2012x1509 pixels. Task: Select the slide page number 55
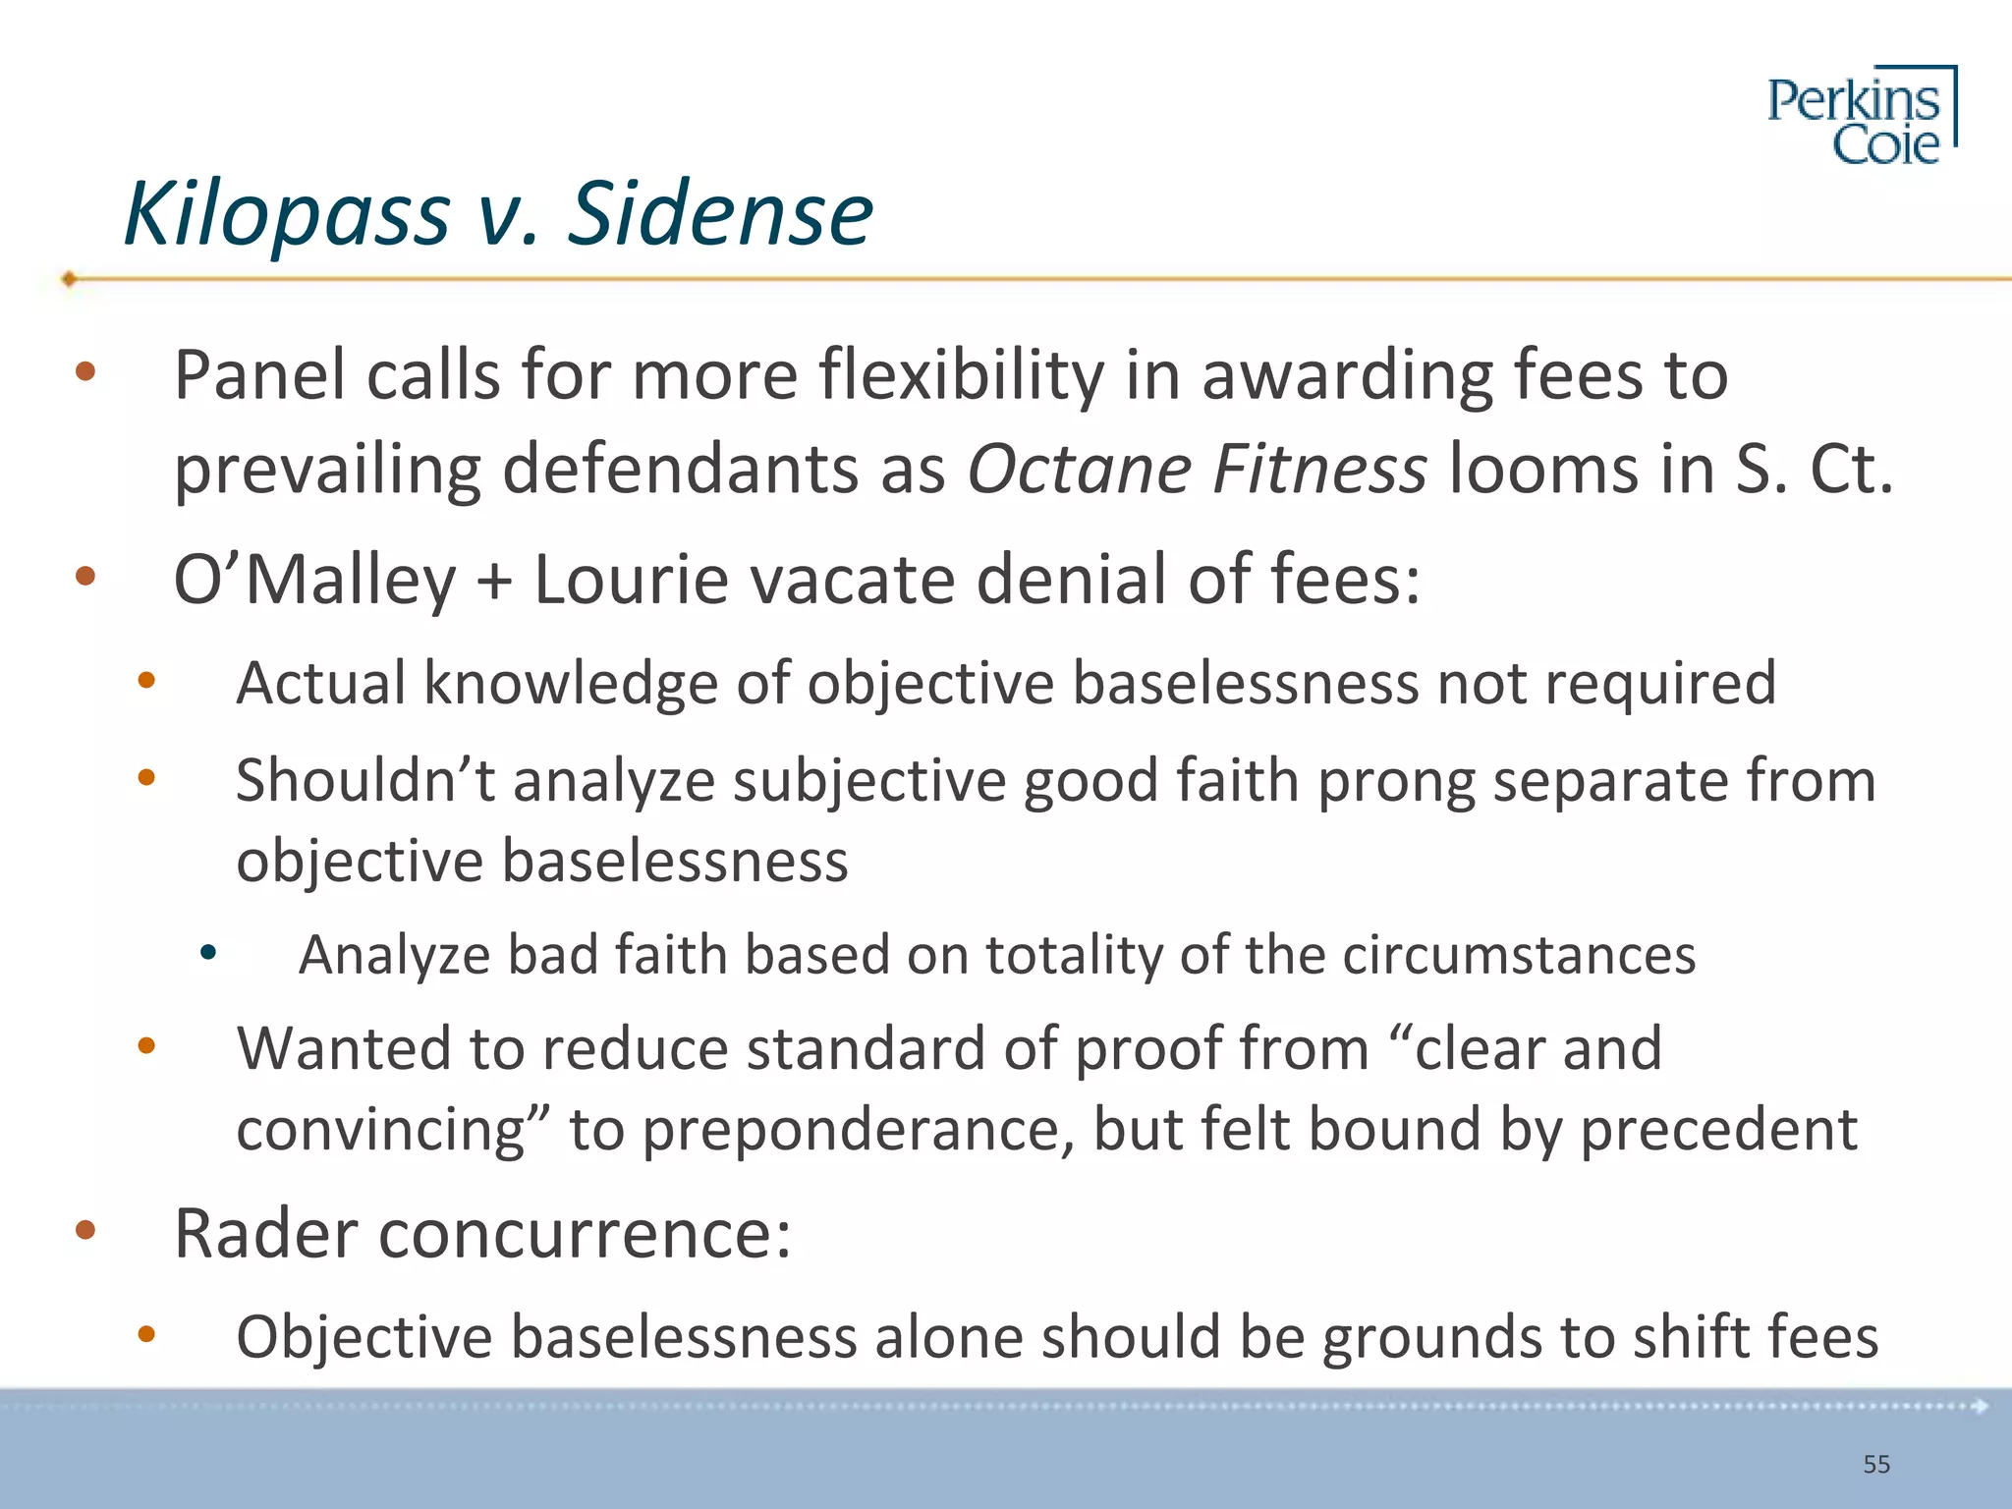1875,1465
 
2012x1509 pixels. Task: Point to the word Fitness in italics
1318,469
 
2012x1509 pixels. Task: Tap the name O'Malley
314,580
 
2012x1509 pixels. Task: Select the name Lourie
629,580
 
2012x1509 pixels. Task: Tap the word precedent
1718,1130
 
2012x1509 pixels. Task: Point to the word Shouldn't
365,781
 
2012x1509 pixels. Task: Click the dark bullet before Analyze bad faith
207,952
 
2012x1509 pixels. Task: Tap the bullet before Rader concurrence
85,1229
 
